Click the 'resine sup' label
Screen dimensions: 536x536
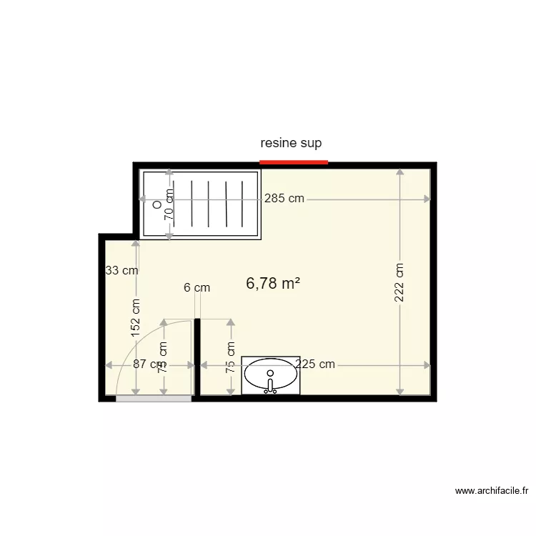(x=291, y=143)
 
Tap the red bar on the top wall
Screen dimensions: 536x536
(x=293, y=162)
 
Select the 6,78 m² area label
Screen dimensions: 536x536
(x=272, y=284)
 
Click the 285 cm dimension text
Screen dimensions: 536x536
(x=284, y=199)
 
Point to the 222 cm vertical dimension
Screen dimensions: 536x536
(x=399, y=283)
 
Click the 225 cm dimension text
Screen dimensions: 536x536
(x=315, y=364)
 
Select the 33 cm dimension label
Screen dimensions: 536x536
(x=121, y=271)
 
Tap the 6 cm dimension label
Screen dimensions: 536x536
(x=197, y=288)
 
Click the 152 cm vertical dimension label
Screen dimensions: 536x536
(x=136, y=317)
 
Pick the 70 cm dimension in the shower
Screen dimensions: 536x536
(x=169, y=203)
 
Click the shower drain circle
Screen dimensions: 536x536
(x=157, y=204)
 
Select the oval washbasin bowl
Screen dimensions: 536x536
(x=270, y=374)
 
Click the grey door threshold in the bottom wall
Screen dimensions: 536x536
(x=154, y=398)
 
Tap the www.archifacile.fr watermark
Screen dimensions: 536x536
(x=492, y=491)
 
